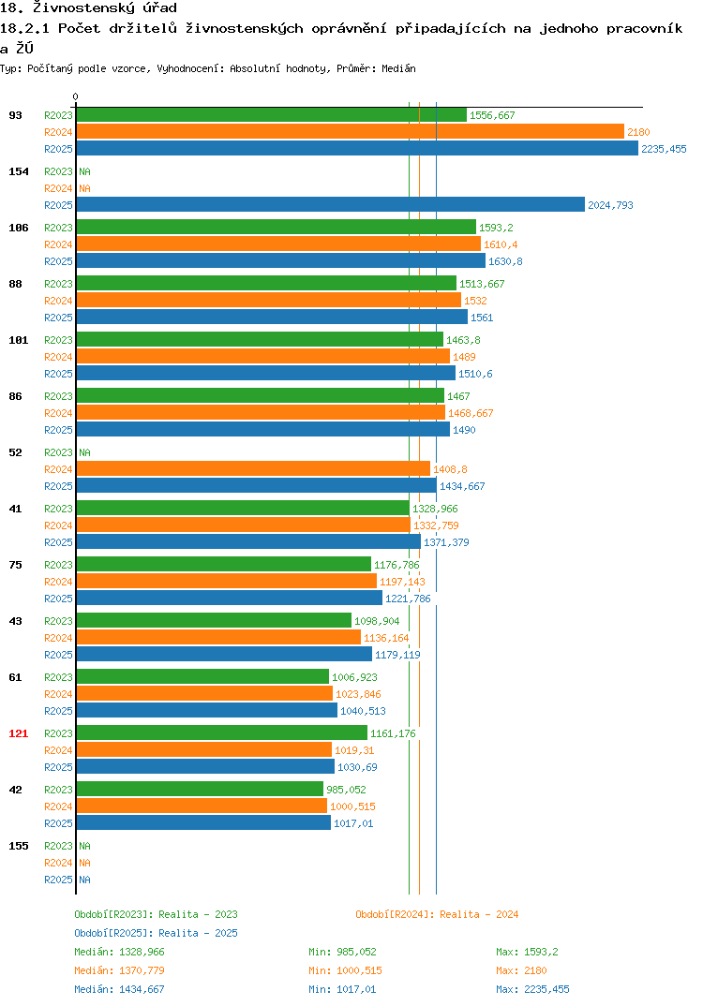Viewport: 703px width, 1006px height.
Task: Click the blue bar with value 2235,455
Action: tap(357, 148)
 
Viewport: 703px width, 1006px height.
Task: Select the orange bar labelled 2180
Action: tap(350, 131)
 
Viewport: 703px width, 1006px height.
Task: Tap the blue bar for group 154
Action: tap(331, 204)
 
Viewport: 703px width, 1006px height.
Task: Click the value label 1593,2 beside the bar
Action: tap(496, 228)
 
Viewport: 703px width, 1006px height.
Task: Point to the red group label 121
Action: tap(19, 733)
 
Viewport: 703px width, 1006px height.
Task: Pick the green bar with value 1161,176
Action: tap(221, 732)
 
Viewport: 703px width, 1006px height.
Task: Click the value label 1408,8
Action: tap(450, 469)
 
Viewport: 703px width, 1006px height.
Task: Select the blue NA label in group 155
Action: tap(84, 880)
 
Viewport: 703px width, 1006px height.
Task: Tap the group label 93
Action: tap(15, 115)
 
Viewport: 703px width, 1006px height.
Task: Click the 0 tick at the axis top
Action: tap(76, 96)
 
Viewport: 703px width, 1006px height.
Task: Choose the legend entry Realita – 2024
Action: tap(437, 914)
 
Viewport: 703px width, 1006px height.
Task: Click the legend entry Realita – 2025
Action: tap(156, 933)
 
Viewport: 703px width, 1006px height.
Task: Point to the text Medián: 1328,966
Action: tap(119, 952)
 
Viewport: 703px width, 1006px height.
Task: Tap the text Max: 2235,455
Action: tap(532, 989)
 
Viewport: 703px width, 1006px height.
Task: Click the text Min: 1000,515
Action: tap(345, 970)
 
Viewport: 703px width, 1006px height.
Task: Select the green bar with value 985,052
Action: tap(200, 789)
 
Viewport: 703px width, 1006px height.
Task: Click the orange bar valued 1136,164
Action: tap(218, 637)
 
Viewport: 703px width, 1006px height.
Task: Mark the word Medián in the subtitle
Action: tap(398, 68)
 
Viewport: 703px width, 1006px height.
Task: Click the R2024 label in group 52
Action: tap(58, 469)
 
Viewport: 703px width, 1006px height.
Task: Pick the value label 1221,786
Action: tap(408, 599)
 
